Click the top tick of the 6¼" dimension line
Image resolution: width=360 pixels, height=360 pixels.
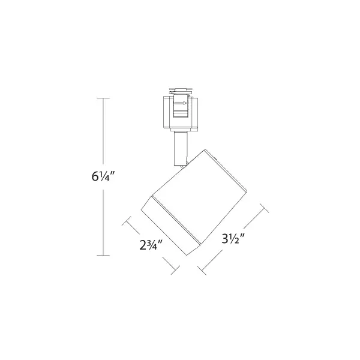[103, 98]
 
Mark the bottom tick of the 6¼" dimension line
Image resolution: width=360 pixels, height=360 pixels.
[103, 256]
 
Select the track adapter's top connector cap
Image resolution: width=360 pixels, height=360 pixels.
[180, 92]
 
